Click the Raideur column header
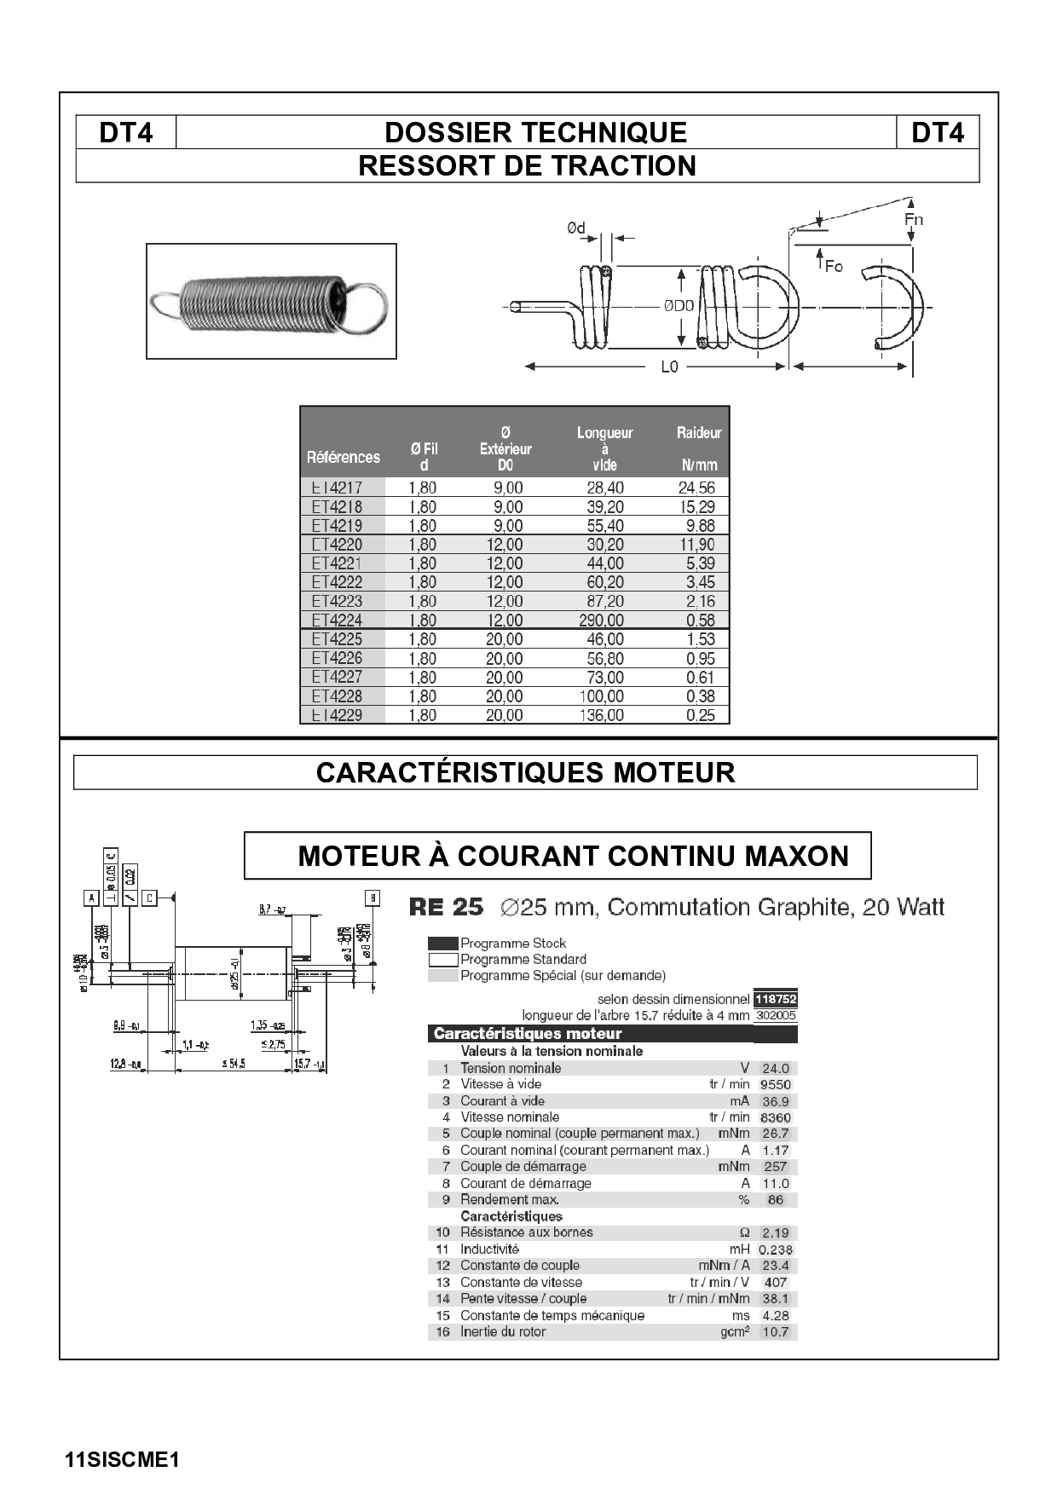[x=699, y=433]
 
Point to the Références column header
[x=344, y=458]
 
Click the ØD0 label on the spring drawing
[x=679, y=306]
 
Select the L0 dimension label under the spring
[x=669, y=367]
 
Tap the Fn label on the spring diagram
[x=913, y=220]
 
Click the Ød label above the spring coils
[x=577, y=228]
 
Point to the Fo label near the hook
[x=833, y=267]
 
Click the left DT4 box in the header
[x=126, y=133]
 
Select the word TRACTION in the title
[x=621, y=165]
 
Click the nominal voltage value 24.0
[x=776, y=1069]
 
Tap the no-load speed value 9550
[x=776, y=1085]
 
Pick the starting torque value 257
[x=776, y=1167]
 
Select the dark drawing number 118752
[x=776, y=999]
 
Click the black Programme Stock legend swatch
[x=442, y=944]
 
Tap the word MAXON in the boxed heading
[x=797, y=856]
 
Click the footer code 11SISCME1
[x=122, y=1459]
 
